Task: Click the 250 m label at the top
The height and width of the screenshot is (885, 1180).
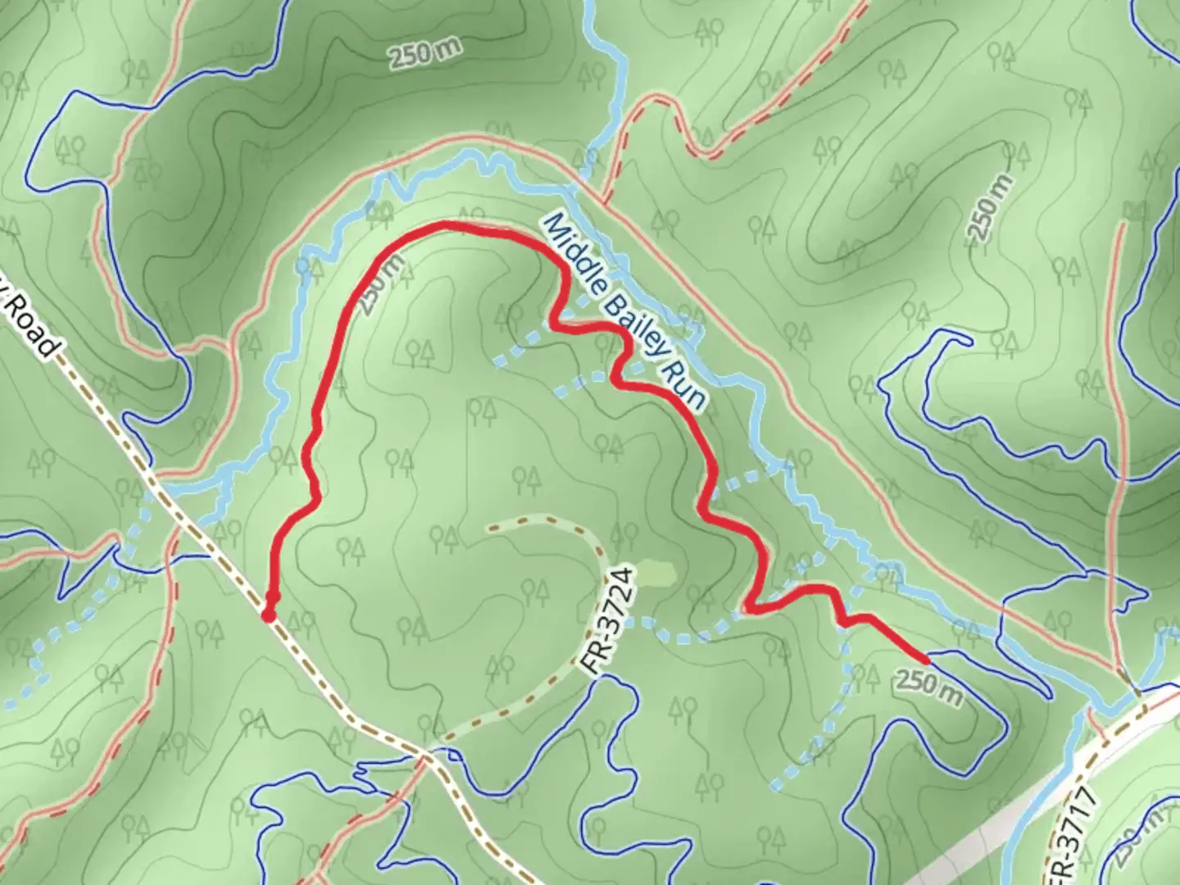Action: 424,54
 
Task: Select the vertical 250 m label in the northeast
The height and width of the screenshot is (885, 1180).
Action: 990,207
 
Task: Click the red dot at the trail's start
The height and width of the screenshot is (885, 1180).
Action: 268,615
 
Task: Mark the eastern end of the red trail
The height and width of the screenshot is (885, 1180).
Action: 927,659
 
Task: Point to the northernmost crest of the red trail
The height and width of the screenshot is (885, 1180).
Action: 447,225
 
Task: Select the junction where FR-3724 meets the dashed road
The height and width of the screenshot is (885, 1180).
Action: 426,750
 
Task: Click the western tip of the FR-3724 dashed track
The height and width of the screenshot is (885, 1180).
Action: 490,527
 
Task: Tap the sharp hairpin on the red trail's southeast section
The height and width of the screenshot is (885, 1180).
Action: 749,608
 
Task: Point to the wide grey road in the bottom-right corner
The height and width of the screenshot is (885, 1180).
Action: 1024,811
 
